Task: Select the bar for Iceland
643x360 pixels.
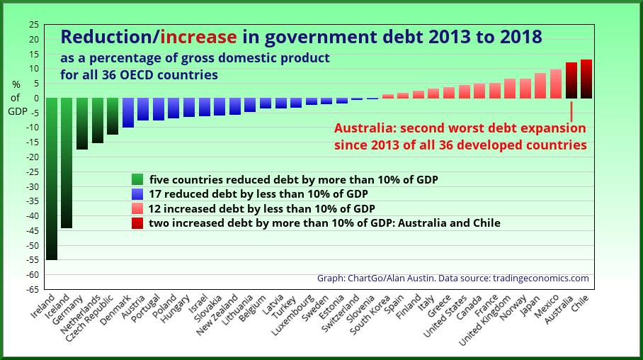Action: coord(67,163)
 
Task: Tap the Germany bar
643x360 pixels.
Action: coord(82,123)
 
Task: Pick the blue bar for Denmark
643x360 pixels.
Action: coord(128,113)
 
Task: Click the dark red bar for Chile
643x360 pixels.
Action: coord(586,79)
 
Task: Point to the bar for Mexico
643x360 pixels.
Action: coord(556,84)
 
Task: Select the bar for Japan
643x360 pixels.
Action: coord(540,86)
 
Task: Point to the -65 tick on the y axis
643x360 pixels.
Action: coord(33,289)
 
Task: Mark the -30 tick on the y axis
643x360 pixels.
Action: coord(33,186)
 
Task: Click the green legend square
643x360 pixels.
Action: coord(137,179)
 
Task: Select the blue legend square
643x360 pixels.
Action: coord(137,194)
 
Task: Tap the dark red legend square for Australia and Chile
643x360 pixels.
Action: coord(137,223)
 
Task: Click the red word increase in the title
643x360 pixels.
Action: coord(199,36)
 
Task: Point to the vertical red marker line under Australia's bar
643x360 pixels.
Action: coord(571,111)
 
